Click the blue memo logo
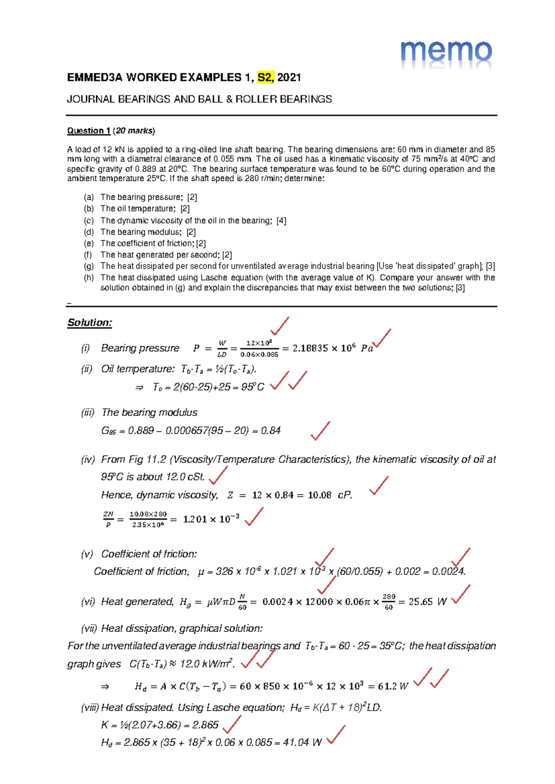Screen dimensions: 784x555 446,54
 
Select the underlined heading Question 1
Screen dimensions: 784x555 88,131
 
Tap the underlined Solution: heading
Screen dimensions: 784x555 90,323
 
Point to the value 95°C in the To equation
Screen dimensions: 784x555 253,387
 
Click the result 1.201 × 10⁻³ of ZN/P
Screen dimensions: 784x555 211,520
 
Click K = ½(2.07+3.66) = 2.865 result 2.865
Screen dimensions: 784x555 205,725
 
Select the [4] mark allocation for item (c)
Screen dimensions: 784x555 281,221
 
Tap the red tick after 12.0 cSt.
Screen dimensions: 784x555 218,475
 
